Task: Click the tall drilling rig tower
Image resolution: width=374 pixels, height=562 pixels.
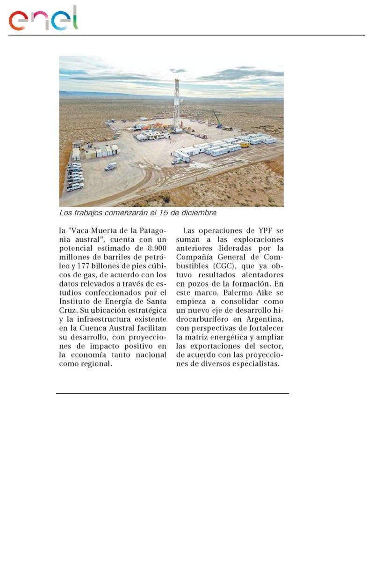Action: pyautogui.click(x=177, y=103)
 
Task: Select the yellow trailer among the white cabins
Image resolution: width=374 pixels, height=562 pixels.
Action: pyautogui.click(x=244, y=145)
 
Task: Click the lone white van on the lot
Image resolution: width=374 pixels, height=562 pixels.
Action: pyautogui.click(x=111, y=166)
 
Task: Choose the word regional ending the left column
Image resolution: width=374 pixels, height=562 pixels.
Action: pyautogui.click(x=94, y=363)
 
